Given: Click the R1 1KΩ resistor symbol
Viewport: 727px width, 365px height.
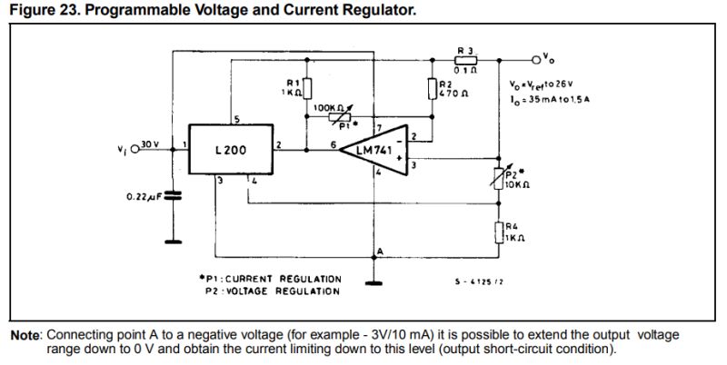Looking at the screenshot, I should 308,88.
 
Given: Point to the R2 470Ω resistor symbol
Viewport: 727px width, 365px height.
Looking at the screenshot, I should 430,88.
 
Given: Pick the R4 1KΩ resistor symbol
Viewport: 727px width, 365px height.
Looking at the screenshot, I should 498,232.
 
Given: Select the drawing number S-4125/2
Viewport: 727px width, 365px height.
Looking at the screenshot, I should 479,282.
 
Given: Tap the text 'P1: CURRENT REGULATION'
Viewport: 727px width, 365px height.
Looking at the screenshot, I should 271,279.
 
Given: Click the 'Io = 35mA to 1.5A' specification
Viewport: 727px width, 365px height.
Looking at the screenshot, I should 549,98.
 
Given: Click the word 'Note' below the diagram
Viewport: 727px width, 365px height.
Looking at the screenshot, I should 25,335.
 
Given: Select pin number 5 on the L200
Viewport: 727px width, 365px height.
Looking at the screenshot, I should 235,119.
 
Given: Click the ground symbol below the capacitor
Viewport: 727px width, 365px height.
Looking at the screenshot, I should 170,242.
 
